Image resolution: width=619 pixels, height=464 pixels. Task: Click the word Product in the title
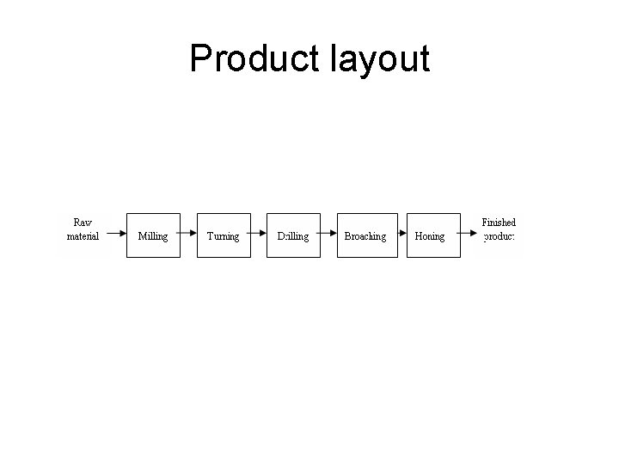(x=254, y=58)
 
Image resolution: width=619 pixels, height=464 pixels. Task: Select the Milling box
(x=153, y=235)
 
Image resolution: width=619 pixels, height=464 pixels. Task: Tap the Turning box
(x=224, y=235)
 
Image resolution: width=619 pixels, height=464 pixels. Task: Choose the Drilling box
(x=293, y=235)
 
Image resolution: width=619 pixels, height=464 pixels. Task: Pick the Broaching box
(x=367, y=235)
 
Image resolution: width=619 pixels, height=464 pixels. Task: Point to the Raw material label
(x=83, y=229)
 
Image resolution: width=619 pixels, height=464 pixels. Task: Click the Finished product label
(x=499, y=229)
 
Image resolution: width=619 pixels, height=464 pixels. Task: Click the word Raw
(x=83, y=223)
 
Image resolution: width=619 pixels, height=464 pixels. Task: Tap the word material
(x=83, y=236)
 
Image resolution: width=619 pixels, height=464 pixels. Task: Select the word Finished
(x=499, y=222)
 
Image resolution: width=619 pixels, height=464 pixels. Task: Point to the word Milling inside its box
(x=153, y=236)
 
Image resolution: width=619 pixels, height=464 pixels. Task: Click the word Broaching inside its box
(x=365, y=236)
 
